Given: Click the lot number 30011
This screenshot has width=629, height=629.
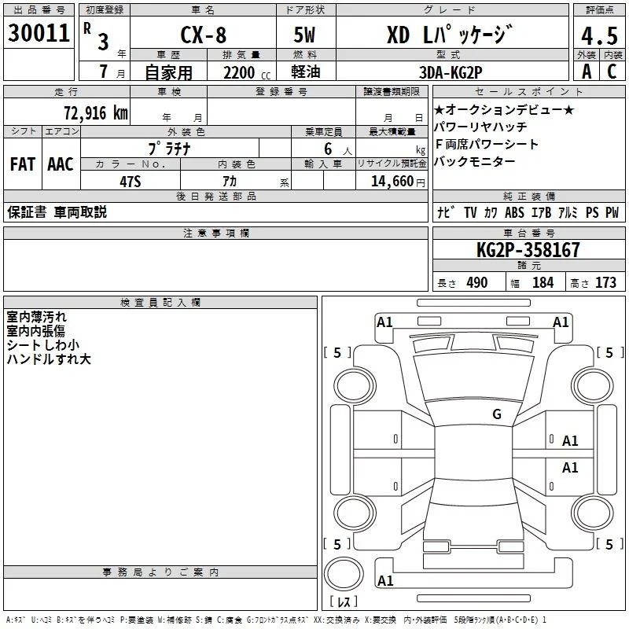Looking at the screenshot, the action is pyautogui.click(x=39, y=33).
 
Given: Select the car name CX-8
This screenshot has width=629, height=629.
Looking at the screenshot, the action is pyautogui.click(x=204, y=35).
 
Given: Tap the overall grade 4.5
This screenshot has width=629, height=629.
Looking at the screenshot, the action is pyautogui.click(x=599, y=35).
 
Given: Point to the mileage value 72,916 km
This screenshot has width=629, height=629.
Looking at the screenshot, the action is pyautogui.click(x=96, y=113).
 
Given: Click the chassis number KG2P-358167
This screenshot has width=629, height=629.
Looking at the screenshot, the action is pyautogui.click(x=528, y=250).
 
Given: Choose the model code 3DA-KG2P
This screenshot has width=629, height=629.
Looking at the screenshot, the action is pyautogui.click(x=451, y=72).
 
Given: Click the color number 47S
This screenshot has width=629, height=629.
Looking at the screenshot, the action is pyautogui.click(x=131, y=182).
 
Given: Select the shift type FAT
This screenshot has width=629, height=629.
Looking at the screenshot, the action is pyautogui.click(x=23, y=164).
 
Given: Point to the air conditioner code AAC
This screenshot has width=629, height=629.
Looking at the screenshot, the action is pyautogui.click(x=61, y=164).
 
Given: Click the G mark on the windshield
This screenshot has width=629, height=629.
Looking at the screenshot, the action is pyautogui.click(x=497, y=414).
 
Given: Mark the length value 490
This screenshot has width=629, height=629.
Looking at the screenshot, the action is pyautogui.click(x=477, y=283).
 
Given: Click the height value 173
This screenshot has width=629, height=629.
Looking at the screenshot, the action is pyautogui.click(x=605, y=283).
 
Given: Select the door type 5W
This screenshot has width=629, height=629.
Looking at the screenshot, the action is pyautogui.click(x=304, y=35).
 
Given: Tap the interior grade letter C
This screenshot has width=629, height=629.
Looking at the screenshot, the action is pyautogui.click(x=612, y=72).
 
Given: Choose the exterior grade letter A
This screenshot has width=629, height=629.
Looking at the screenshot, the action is pyautogui.click(x=587, y=72).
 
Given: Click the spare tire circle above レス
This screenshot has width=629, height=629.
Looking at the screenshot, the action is pyautogui.click(x=344, y=574).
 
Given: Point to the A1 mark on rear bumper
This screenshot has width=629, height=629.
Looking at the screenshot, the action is pyautogui.click(x=385, y=581).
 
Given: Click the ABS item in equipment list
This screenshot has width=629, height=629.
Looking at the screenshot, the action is pyautogui.click(x=514, y=212).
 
